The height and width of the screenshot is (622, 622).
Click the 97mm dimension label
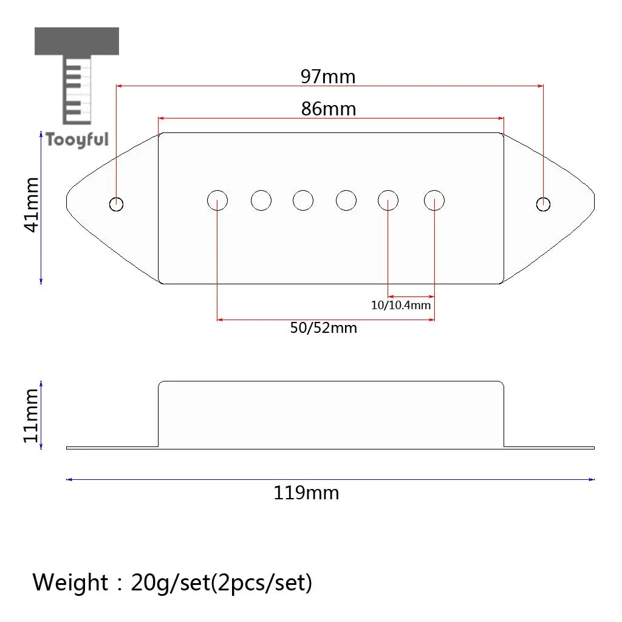pyautogui.click(x=328, y=77)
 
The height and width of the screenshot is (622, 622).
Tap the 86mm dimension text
pyautogui.click(x=329, y=109)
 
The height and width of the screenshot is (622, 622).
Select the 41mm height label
pyautogui.click(x=32, y=205)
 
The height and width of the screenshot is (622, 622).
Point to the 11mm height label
pyautogui.click(x=31, y=415)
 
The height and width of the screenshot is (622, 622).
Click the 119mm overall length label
pyautogui.click(x=306, y=493)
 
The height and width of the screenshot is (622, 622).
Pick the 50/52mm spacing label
pyautogui.click(x=324, y=328)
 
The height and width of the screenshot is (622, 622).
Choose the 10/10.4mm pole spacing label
pyautogui.click(x=401, y=305)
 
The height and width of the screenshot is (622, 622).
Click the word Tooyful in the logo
pyautogui.click(x=77, y=140)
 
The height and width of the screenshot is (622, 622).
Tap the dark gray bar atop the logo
pyautogui.click(x=77, y=41)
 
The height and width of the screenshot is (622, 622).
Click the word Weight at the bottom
pyautogui.click(x=70, y=583)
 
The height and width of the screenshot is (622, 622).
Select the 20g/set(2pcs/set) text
pyautogui.click(x=221, y=583)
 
